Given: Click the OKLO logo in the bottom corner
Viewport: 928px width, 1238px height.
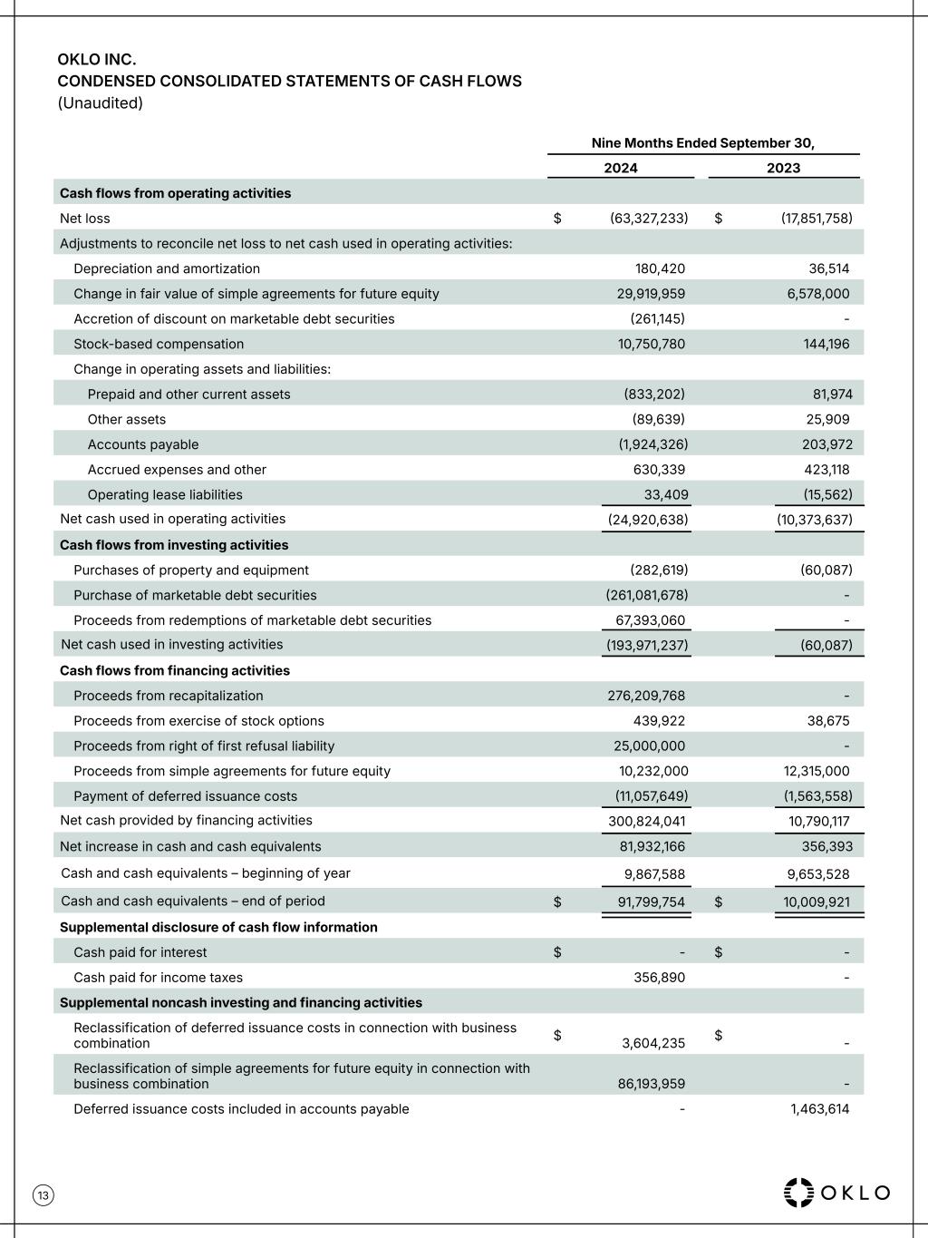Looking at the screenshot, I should (x=836, y=1192).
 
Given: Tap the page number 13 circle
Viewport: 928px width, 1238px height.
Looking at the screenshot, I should (x=43, y=1195).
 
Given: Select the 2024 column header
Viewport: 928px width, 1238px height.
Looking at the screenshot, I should (x=621, y=168).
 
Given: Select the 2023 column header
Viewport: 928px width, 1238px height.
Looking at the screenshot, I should (x=783, y=168).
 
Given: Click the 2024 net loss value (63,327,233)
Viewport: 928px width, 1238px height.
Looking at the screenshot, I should (x=649, y=219).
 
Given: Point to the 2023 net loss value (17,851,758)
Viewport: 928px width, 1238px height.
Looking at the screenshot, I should (x=817, y=219).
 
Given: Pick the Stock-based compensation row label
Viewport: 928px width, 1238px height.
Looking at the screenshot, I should (x=159, y=344).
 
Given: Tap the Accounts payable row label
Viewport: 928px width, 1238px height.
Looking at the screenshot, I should (x=143, y=444).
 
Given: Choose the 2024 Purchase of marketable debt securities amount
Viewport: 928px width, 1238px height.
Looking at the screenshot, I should (x=647, y=595).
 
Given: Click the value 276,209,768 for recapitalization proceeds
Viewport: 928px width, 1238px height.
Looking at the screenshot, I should (x=646, y=696).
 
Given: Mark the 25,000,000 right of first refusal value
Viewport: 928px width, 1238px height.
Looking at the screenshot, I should (x=649, y=746).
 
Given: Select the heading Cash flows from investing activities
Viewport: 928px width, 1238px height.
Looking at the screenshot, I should (x=174, y=545).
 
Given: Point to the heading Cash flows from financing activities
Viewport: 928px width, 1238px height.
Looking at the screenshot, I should (x=175, y=670).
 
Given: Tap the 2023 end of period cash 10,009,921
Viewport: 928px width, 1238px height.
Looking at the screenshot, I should (x=817, y=902).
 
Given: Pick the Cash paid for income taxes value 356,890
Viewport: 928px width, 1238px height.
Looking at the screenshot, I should (x=659, y=978).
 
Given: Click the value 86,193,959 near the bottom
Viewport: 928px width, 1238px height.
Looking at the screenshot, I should (x=652, y=1084).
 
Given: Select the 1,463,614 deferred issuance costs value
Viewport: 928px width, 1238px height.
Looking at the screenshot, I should (x=819, y=1108).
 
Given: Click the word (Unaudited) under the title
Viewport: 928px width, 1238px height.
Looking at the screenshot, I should (x=101, y=102).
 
